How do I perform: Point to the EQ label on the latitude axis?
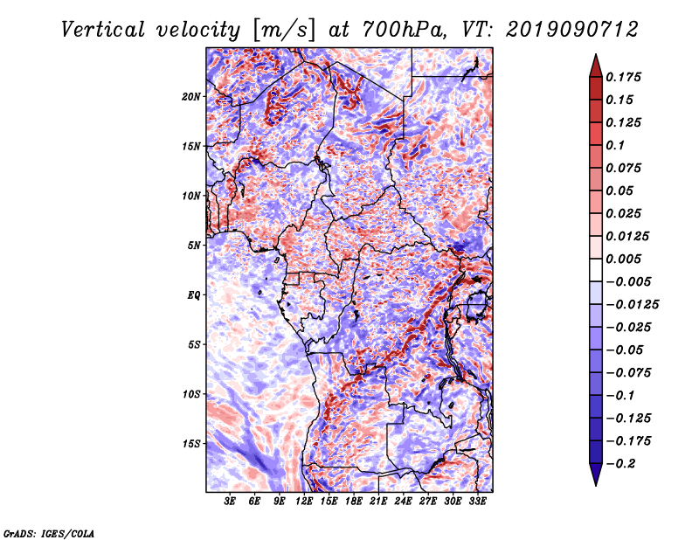193,295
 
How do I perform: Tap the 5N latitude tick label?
194,246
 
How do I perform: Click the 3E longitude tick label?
231,502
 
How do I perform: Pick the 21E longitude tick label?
379,502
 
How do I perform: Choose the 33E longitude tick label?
478,502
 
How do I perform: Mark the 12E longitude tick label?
305,502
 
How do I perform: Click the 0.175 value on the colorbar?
626,77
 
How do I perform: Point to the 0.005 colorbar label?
626,259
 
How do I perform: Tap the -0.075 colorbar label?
629,372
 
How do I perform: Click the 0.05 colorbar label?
620,190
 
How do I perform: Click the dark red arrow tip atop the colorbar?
594,62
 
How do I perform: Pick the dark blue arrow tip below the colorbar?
594,477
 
